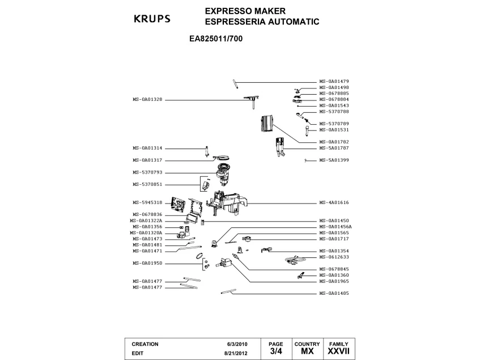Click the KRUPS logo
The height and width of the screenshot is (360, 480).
click(151, 19)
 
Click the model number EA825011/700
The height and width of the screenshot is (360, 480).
click(217, 40)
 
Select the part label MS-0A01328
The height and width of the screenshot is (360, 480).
click(148, 100)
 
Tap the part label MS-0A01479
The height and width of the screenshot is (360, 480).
click(334, 82)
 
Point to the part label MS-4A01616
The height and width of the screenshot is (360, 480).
click(334, 202)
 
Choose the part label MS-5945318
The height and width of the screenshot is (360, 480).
click(148, 202)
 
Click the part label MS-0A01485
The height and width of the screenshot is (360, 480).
click(334, 294)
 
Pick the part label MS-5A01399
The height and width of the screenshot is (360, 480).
click(334, 160)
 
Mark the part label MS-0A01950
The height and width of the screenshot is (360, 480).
click(148, 263)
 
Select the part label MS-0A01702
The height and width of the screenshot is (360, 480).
click(334, 142)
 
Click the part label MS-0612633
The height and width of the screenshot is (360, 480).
click(334, 257)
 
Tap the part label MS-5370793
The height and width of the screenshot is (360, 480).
click(148, 172)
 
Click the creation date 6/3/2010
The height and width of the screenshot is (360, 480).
click(237, 344)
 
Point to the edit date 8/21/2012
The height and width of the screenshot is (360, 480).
click(236, 353)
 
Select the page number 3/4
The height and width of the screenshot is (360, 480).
click(276, 352)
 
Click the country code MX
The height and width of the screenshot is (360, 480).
click(307, 352)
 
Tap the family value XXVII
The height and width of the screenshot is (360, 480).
click(339, 352)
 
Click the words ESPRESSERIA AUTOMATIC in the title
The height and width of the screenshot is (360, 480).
click(262, 22)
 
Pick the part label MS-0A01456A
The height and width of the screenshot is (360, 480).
click(335, 227)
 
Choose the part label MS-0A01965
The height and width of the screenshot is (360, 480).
click(334, 281)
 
